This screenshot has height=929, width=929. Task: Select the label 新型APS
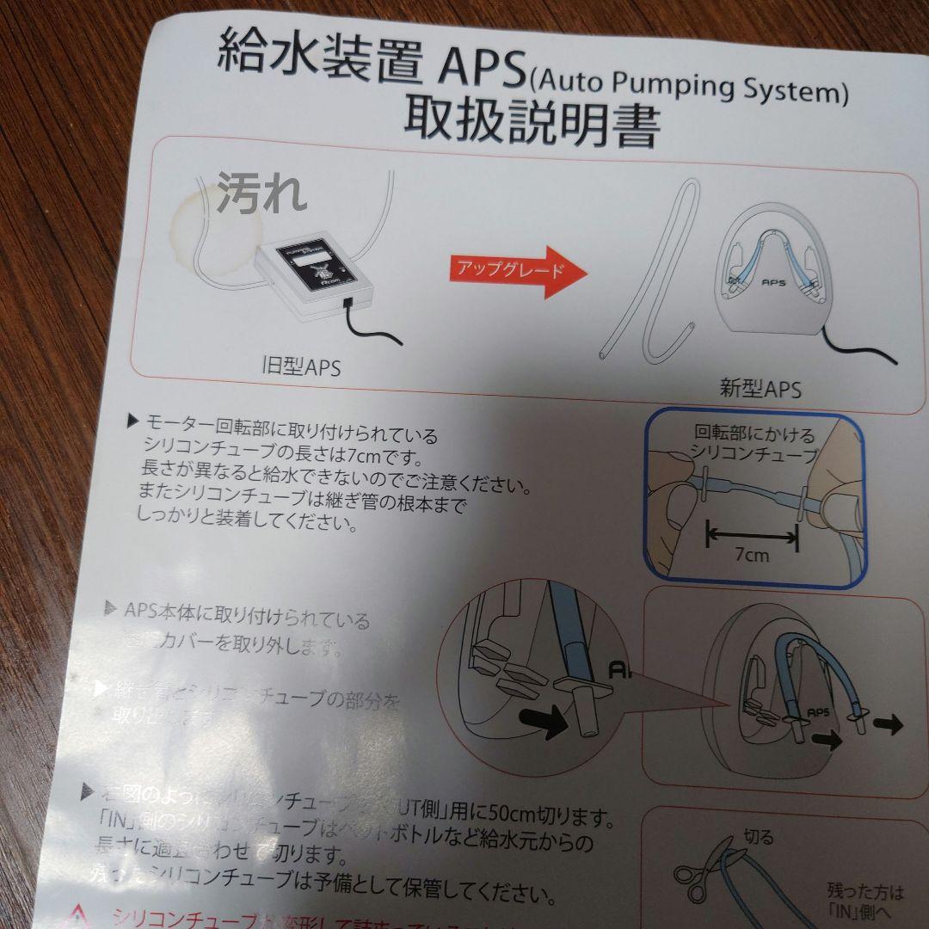760,389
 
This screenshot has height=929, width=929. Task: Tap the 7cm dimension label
752,555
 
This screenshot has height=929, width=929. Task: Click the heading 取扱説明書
532,126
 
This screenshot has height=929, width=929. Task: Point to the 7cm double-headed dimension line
752,536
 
